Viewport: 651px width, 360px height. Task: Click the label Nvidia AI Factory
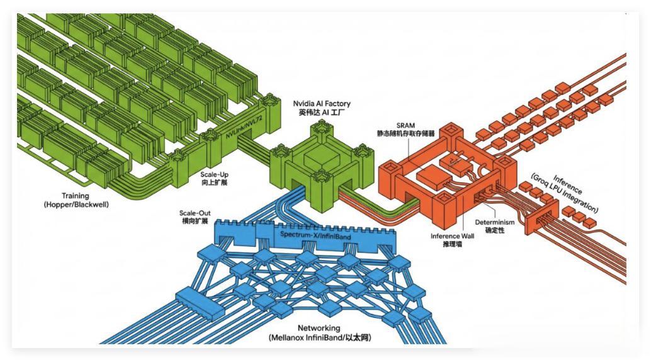[322, 103]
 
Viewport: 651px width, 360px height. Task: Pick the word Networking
[319, 328]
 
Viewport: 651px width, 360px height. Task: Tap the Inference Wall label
[453, 237]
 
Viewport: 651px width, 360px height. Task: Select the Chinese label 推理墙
[453, 245]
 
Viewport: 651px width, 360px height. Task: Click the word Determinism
[495, 222]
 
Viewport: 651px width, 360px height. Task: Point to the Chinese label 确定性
[495, 231]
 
